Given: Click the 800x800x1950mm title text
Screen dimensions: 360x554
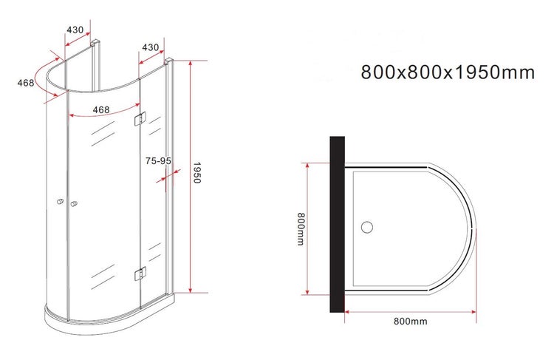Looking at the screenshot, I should coord(447,72).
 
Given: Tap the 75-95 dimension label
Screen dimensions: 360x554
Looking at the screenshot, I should coord(158,160).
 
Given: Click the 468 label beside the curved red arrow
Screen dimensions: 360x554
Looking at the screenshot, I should coord(27,83).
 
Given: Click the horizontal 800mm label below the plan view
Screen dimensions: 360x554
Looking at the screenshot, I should coord(411,322).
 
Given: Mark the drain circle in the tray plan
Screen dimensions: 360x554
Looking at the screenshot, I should coord(366,227).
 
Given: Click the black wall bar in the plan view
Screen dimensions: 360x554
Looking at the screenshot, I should coord(338,224).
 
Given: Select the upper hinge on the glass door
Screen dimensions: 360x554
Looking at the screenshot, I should coord(140,120).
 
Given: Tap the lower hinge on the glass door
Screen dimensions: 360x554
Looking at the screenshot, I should coord(140,274).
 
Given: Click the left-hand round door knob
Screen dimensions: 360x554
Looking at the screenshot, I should coord(59,203).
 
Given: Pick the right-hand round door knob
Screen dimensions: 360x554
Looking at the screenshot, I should coord(73,205).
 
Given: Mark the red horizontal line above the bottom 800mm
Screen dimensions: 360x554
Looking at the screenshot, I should coord(411,311).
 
